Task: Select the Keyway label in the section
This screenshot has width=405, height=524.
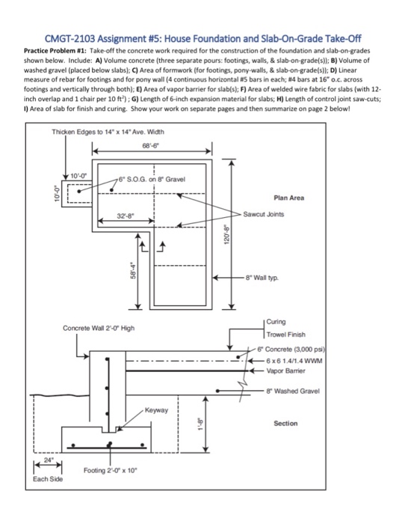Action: (x=157, y=410)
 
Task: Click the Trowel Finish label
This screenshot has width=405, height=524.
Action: (x=288, y=334)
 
